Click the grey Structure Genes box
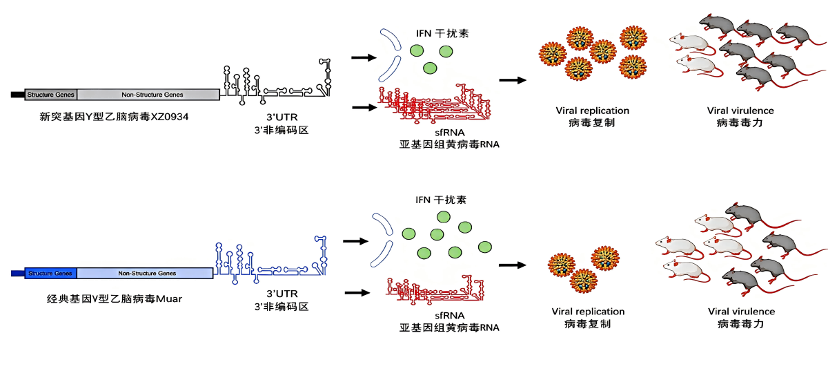(51, 95)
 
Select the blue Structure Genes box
(50, 273)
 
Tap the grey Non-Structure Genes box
(148, 95)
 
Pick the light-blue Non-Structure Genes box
(145, 273)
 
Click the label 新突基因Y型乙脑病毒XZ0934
(114, 117)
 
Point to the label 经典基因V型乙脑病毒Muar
(115, 298)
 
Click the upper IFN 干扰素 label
(442, 33)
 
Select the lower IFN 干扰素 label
(441, 200)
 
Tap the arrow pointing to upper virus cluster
(513, 80)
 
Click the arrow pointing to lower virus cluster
(512, 265)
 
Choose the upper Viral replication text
(592, 111)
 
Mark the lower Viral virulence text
(742, 312)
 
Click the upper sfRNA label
(449, 133)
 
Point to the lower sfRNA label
(449, 316)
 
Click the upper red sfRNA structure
(435, 104)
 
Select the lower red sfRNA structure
(435, 290)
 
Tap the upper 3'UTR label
(282, 117)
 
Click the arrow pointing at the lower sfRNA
(357, 293)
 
